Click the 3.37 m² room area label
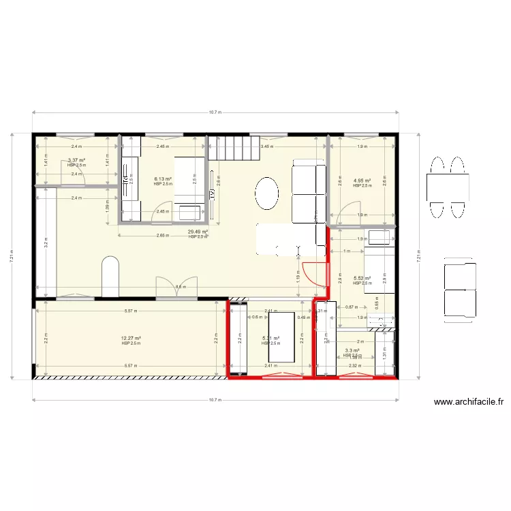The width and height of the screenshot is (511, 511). (76, 160)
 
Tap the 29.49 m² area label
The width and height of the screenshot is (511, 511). (198, 232)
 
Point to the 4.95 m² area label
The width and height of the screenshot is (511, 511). (361, 181)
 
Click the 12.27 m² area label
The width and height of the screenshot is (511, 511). (131, 339)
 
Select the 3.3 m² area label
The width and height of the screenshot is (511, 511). (352, 351)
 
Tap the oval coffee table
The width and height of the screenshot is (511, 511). (267, 195)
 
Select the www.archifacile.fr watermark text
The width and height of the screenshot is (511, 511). (468, 402)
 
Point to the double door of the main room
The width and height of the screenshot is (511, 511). (168, 288)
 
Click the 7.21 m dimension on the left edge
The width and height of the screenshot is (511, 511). (12, 256)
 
